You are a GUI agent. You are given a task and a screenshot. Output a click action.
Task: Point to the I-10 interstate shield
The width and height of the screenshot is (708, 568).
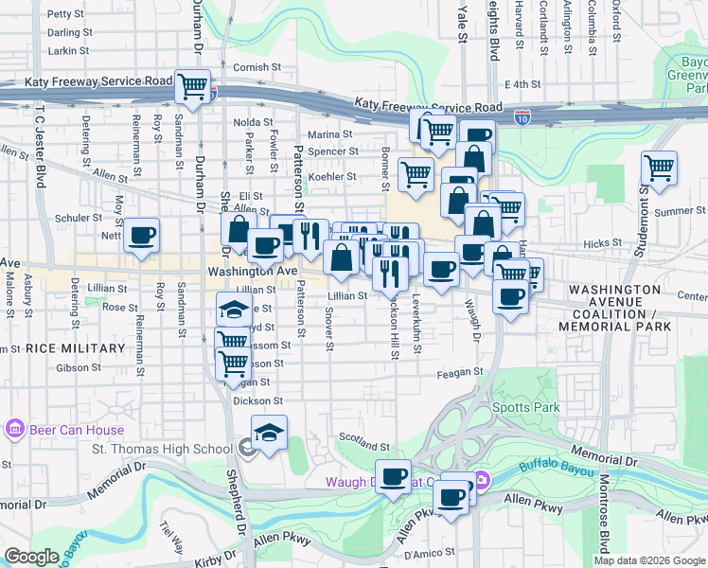click(522, 117)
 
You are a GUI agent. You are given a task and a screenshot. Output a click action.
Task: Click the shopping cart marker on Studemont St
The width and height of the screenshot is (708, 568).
click(659, 169)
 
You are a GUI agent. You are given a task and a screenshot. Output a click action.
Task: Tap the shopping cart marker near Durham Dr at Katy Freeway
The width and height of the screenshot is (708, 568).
click(193, 87)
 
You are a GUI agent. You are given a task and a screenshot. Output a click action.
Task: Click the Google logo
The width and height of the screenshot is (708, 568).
click(31, 557)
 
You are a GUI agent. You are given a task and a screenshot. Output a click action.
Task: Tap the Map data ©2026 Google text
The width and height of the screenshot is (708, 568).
click(649, 560)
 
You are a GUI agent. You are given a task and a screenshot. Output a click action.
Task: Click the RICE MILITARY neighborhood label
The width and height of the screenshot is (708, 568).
click(76, 348)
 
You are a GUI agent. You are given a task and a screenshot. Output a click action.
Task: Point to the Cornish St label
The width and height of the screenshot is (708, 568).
click(257, 67)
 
